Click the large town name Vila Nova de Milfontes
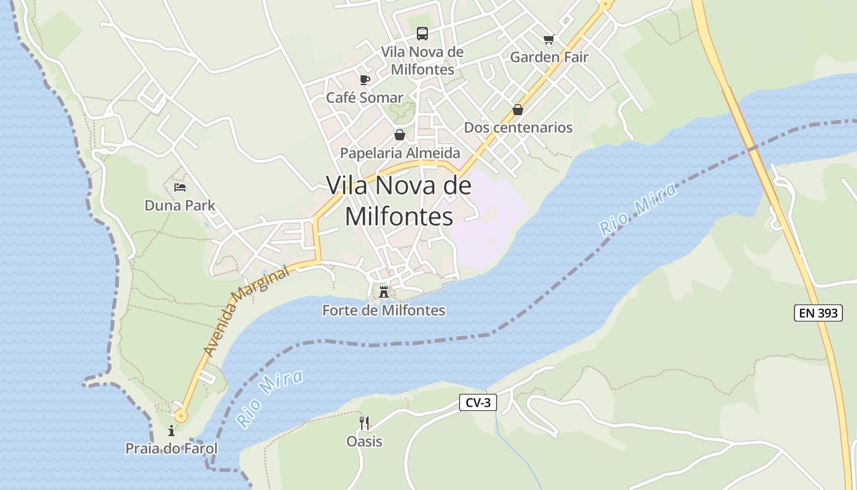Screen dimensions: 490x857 (x=399, y=200)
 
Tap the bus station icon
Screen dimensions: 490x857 (x=422, y=33)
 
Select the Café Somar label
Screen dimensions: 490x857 (x=364, y=97)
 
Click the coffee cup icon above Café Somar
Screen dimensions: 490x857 (x=365, y=80)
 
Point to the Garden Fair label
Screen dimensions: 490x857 (x=549, y=57)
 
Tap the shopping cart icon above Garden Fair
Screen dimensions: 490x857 (x=548, y=40)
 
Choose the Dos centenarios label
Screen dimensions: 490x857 (x=518, y=127)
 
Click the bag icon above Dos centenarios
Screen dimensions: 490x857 (x=518, y=110)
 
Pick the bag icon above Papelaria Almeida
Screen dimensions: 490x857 (x=400, y=135)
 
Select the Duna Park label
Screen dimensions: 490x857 (x=180, y=205)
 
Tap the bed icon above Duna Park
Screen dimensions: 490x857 (x=180, y=187)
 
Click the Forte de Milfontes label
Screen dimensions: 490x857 (x=384, y=311)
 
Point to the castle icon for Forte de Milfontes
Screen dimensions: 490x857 (x=384, y=292)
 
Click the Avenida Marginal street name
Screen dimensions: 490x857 (x=246, y=311)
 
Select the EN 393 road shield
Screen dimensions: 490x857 (x=818, y=313)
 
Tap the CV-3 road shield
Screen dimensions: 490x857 (x=477, y=402)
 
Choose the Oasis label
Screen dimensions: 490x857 (x=364, y=441)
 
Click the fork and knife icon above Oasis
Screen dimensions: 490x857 (x=364, y=423)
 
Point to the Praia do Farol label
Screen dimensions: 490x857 (x=171, y=448)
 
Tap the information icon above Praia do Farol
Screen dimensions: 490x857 (x=171, y=431)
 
